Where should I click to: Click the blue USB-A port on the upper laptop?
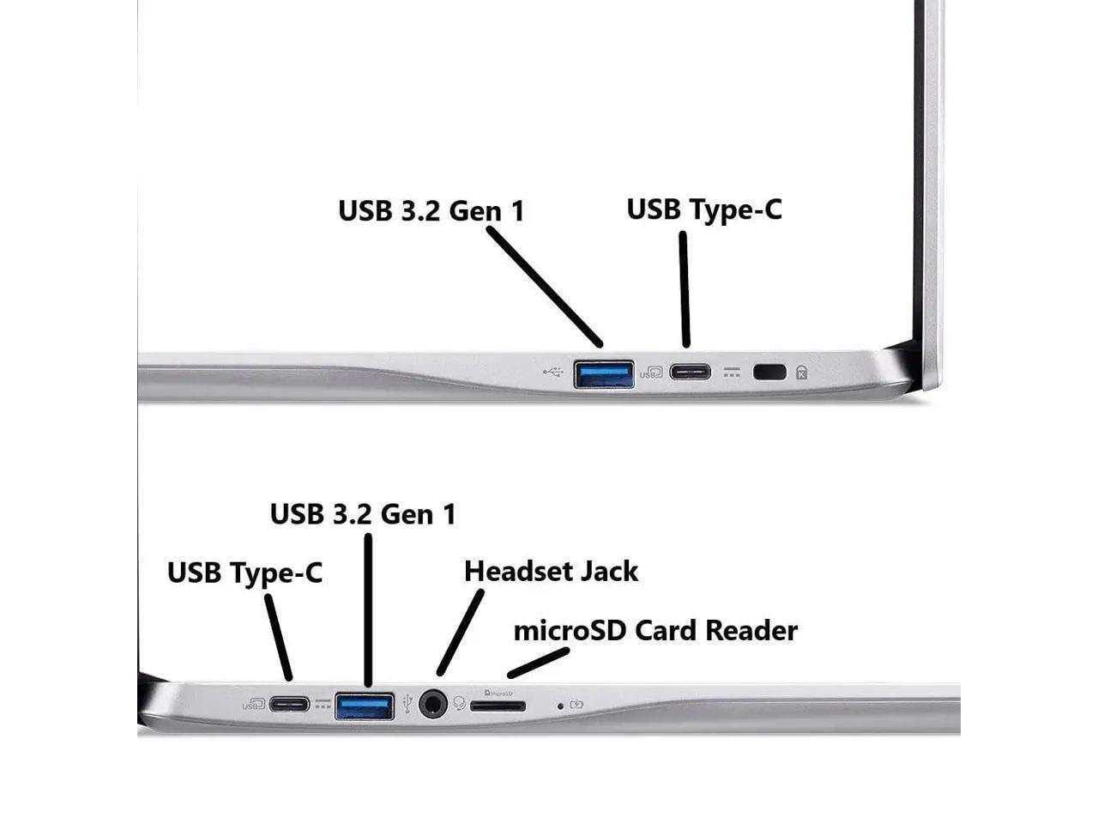point(604,374)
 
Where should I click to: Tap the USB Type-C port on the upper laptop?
point(690,373)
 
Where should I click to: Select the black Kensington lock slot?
point(769,373)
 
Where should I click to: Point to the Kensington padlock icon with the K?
point(802,373)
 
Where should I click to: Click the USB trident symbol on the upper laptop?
point(553,373)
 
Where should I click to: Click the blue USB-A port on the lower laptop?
point(365,706)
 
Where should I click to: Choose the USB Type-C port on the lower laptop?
point(289,705)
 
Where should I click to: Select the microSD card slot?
point(498,706)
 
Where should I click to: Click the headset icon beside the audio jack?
point(460,704)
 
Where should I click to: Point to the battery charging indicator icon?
point(576,705)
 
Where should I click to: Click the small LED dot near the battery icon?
point(561,706)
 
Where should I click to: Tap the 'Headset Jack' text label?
point(551,572)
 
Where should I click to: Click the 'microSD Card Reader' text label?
point(655,631)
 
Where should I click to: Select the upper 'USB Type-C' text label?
point(704,209)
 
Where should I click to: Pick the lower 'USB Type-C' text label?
point(244,573)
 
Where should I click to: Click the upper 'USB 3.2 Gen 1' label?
point(431,211)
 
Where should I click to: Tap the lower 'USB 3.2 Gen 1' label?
point(363,514)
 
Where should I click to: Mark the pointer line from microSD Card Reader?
point(538,663)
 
